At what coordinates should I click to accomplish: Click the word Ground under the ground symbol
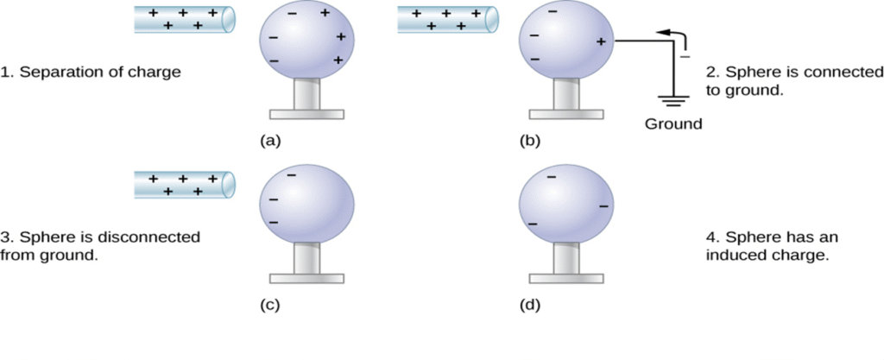click(x=673, y=123)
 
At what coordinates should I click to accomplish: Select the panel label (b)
click(x=530, y=141)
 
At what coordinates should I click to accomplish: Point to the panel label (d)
click(x=530, y=305)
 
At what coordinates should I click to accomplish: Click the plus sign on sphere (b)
click(x=600, y=41)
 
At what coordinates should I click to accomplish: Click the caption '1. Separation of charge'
click(x=91, y=73)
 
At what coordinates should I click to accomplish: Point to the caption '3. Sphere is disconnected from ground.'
click(x=100, y=245)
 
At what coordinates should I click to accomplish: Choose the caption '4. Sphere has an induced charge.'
click(x=772, y=245)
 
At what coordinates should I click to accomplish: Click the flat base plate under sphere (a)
click(x=306, y=113)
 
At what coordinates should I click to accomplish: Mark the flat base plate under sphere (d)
click(x=566, y=278)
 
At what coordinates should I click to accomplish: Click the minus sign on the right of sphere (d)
click(x=603, y=206)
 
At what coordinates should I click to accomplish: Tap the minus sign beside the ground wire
click(x=687, y=56)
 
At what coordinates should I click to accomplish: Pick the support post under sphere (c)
click(x=306, y=257)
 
